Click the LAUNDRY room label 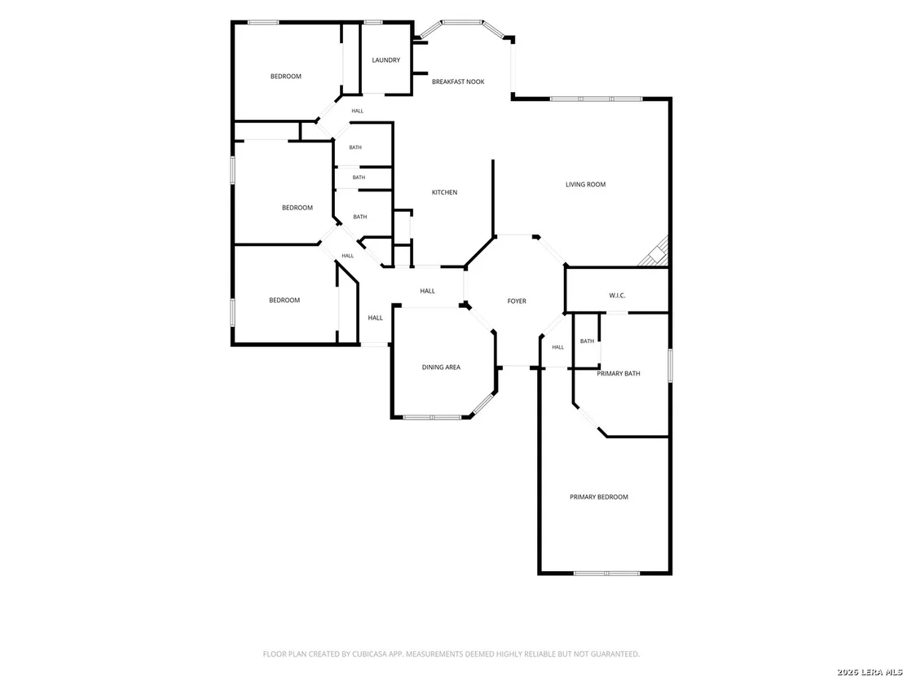click(x=385, y=59)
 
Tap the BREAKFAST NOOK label click(x=458, y=81)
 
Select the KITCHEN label click(x=445, y=192)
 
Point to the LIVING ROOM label click(x=585, y=184)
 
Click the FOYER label click(x=517, y=301)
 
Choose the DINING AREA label click(x=441, y=367)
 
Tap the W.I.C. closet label click(x=618, y=296)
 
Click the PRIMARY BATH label click(x=619, y=374)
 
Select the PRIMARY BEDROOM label click(x=599, y=497)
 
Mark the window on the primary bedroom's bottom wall click(x=607, y=573)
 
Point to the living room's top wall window click(x=596, y=99)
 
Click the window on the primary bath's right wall click(x=671, y=364)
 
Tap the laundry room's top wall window click(x=373, y=23)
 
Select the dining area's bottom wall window click(x=431, y=417)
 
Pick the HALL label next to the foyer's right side click(x=558, y=347)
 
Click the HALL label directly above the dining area click(x=427, y=291)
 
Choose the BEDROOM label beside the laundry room click(x=285, y=76)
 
